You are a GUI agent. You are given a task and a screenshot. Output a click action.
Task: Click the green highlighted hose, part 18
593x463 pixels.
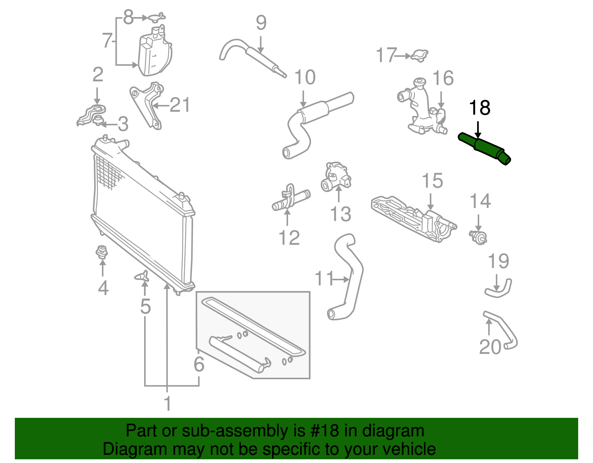(x=486, y=148)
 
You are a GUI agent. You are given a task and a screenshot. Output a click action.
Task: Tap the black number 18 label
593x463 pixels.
(x=480, y=108)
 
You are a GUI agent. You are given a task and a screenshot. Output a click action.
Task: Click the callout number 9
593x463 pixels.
(x=261, y=23)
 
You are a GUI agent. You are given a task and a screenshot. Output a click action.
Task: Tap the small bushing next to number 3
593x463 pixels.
(x=98, y=120)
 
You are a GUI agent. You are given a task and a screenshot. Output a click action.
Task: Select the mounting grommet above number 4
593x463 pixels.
(x=101, y=252)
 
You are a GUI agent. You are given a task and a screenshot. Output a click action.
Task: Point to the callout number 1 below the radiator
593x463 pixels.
(x=168, y=403)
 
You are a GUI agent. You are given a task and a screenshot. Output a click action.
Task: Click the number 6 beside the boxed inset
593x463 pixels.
(x=199, y=364)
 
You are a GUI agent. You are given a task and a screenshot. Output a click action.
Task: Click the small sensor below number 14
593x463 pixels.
(x=478, y=237)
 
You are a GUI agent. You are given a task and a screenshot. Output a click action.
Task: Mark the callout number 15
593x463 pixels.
(x=432, y=181)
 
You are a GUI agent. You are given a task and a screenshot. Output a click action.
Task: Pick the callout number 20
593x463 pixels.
(x=490, y=347)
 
